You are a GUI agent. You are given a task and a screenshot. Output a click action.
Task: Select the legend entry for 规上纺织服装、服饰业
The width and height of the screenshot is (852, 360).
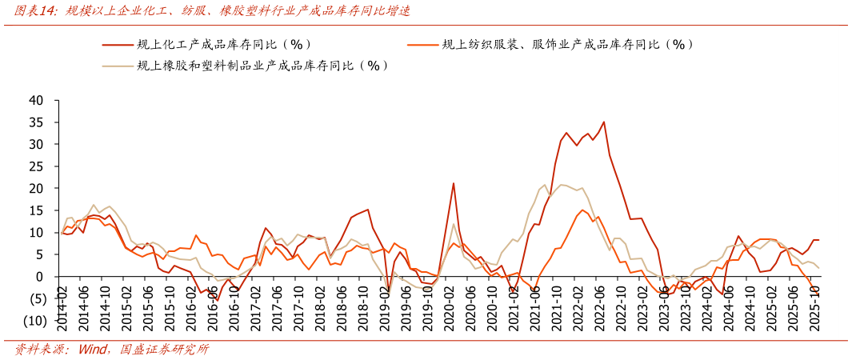click(567, 45)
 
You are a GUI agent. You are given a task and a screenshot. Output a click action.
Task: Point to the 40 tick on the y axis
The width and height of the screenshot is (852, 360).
click(36, 101)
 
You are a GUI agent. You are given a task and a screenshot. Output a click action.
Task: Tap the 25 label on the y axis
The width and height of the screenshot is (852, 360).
click(36, 166)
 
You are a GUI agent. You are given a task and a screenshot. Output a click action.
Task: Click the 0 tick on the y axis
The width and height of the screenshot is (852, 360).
click(41, 277)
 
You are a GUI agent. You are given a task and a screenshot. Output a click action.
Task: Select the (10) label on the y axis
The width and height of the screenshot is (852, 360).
click(34, 321)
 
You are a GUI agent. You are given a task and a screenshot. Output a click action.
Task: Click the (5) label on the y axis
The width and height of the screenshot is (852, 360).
click(36, 299)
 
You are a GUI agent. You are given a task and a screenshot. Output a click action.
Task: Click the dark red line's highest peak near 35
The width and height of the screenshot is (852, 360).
click(603, 122)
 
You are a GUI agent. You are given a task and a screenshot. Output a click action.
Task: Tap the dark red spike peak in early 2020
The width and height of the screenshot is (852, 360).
click(454, 183)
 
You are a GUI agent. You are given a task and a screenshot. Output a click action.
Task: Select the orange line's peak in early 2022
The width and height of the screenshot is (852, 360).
click(582, 210)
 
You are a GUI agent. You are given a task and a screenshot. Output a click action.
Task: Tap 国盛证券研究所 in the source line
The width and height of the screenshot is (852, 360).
click(164, 350)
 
